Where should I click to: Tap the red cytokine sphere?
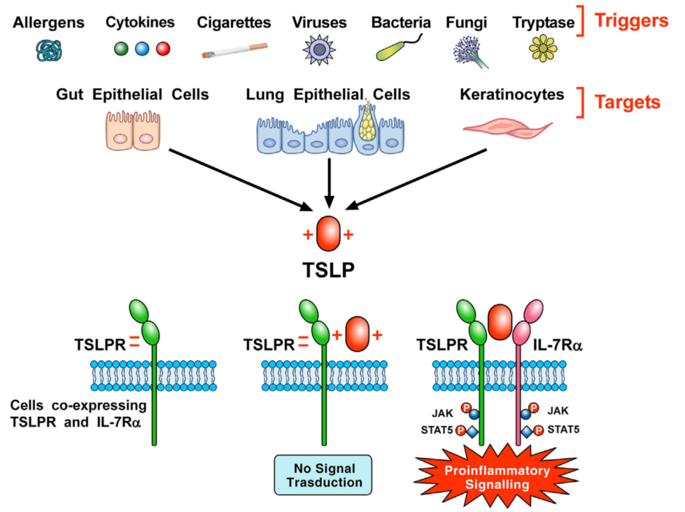point(163,49)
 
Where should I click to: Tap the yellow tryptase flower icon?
point(542,49)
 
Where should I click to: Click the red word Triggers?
point(631,21)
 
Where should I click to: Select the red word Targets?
point(628,102)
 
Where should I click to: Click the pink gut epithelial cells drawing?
point(132,129)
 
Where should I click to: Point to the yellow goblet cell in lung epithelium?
point(367,125)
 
